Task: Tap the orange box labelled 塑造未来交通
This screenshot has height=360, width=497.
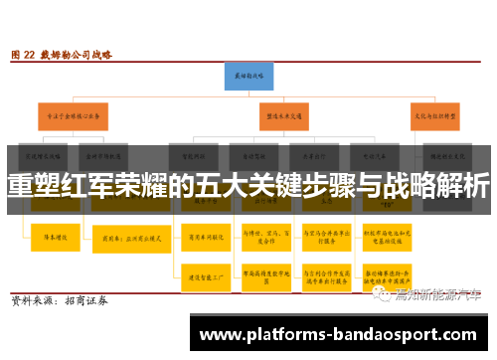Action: click(x=284, y=114)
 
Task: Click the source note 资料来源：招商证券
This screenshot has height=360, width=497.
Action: click(x=59, y=298)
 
